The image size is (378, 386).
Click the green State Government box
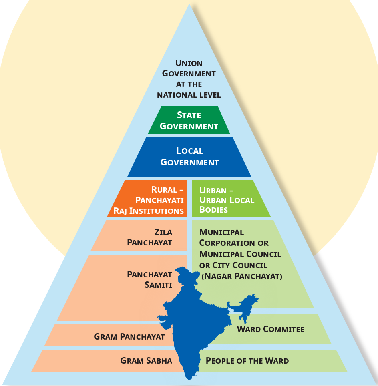tap(189, 120)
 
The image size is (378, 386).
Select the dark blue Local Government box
tap(189, 157)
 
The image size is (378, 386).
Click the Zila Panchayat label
tap(149, 237)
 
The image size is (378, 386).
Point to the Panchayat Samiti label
tap(149, 279)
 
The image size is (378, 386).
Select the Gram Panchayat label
tap(129, 336)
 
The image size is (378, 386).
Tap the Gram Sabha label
tap(146, 361)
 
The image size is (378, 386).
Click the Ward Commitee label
tap(271, 329)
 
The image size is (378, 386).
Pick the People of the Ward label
tap(247, 361)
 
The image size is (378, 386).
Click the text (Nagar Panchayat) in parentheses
tap(242, 276)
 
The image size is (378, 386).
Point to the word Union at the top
tap(189, 63)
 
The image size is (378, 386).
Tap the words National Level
tap(189, 95)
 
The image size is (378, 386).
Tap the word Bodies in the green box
tap(213, 210)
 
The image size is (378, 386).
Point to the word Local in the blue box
tap(190, 151)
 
